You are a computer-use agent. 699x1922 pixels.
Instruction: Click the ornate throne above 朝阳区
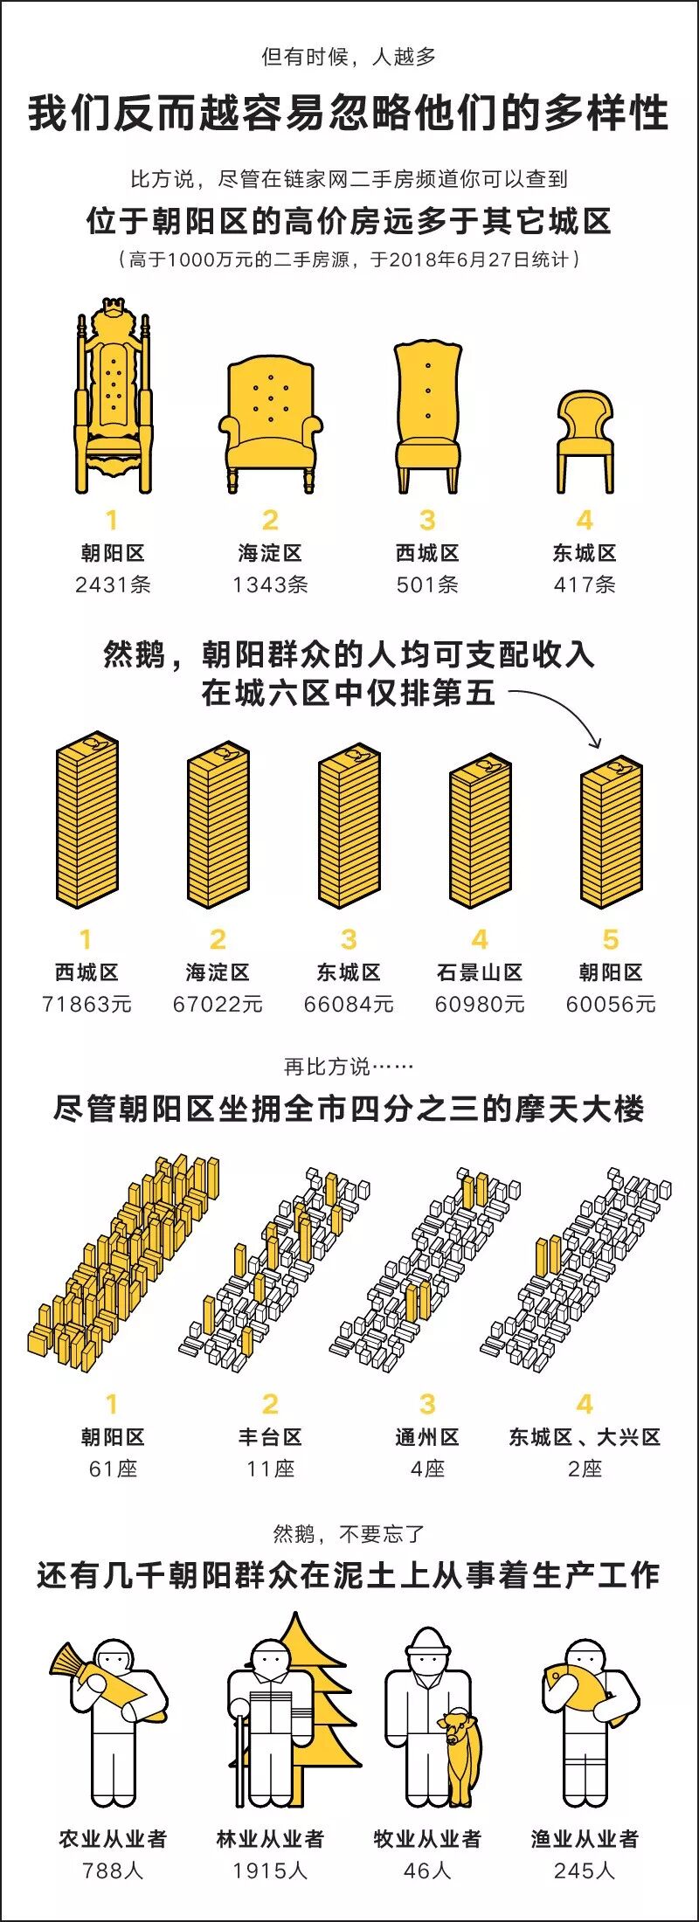(x=113, y=402)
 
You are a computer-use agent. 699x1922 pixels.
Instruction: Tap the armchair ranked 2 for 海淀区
(x=270, y=419)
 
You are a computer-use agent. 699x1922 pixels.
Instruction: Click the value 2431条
(x=113, y=584)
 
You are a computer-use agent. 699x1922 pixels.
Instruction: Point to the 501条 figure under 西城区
(x=427, y=584)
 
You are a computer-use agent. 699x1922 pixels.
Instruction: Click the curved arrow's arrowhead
(x=596, y=743)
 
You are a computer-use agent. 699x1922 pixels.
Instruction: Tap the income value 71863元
(x=87, y=1004)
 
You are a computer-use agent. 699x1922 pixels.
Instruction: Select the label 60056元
(x=611, y=1004)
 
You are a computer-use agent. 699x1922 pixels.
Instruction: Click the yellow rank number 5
(x=611, y=939)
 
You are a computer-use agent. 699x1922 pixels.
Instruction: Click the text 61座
(x=113, y=1469)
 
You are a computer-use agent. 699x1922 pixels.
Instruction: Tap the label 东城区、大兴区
(x=585, y=1437)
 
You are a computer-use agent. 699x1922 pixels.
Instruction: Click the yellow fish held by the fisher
(x=577, y=1682)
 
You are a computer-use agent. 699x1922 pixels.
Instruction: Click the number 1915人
(x=270, y=1870)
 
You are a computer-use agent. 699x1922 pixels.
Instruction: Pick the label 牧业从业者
(x=427, y=1839)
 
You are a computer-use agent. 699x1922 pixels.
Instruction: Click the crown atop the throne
(x=112, y=308)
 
